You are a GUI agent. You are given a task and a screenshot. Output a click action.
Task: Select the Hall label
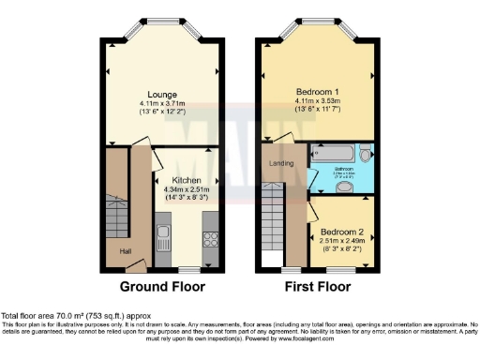point(125,250)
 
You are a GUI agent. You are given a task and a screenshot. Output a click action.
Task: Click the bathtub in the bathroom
point(333,151)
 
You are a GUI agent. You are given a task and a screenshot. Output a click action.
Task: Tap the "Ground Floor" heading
point(164,286)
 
